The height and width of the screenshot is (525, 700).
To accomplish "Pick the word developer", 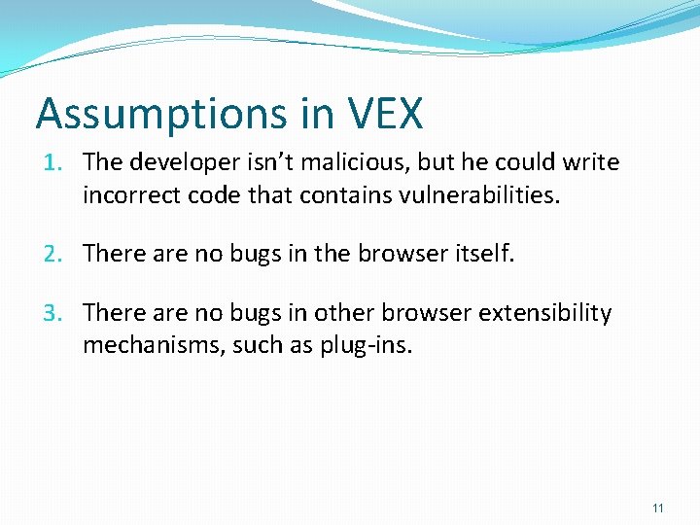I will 178,161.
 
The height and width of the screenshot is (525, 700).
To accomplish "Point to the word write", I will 596,161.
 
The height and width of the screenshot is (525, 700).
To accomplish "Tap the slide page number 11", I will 658,508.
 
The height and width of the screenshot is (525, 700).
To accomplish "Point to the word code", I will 213,196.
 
